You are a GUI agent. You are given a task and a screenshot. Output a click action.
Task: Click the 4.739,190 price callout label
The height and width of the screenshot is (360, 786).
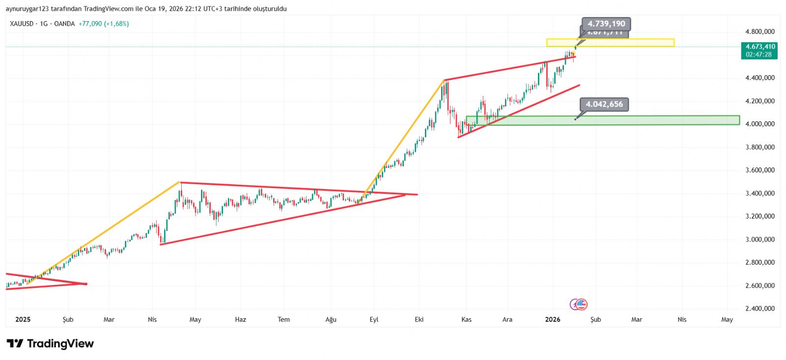pyautogui.click(x=606, y=24)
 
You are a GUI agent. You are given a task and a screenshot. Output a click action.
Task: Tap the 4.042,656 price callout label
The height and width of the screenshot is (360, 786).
pyautogui.click(x=604, y=104)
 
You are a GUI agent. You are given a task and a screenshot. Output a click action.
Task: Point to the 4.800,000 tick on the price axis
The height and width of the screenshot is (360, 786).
pyautogui.click(x=759, y=31)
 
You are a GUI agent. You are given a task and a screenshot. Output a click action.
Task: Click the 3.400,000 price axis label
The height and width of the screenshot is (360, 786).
pyautogui.click(x=759, y=194)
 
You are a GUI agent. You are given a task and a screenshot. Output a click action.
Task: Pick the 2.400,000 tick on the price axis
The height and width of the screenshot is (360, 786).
pyautogui.click(x=759, y=308)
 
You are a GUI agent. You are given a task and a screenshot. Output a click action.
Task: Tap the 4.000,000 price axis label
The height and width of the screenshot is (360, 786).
pyautogui.click(x=759, y=124)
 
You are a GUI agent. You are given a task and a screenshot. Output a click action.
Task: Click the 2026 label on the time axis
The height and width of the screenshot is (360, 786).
pyautogui.click(x=553, y=319)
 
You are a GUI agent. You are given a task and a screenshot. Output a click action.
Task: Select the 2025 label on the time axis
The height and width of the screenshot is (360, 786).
pyautogui.click(x=23, y=319)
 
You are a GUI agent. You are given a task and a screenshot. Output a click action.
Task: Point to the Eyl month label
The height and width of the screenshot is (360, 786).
pyautogui.click(x=374, y=319)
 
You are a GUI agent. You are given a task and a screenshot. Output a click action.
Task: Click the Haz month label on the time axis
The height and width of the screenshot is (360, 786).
pyautogui.click(x=240, y=319)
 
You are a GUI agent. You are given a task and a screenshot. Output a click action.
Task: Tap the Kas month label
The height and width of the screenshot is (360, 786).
pyautogui.click(x=466, y=319)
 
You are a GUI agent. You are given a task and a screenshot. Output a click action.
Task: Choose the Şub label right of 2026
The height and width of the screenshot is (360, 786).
pyautogui.click(x=595, y=319)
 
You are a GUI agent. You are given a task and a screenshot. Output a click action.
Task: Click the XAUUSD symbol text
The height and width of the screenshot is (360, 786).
pyautogui.click(x=22, y=24)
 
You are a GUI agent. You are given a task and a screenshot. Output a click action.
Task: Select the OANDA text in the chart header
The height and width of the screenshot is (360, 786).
pyautogui.click(x=64, y=24)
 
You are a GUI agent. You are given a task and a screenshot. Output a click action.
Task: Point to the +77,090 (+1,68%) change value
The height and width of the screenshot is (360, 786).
pyautogui.click(x=104, y=24)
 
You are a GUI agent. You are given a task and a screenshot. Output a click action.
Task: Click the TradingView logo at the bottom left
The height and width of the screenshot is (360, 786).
pyautogui.click(x=50, y=343)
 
